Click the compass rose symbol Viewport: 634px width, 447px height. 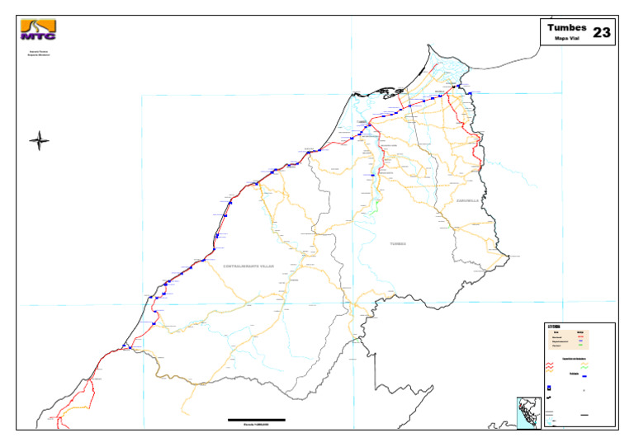[39, 140]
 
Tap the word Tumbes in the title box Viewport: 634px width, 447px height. [566, 28]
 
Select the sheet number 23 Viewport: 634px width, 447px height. [602, 33]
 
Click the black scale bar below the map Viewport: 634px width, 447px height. [257, 420]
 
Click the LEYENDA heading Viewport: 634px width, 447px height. [554, 327]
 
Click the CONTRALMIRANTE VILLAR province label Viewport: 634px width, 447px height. [248, 266]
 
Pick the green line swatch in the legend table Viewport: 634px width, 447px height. [580, 344]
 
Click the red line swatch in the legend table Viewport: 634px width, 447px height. [580, 336]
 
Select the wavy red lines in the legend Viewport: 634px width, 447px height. [550, 365]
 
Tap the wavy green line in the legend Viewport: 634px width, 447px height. [584, 367]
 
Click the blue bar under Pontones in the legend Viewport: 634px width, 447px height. [584, 376]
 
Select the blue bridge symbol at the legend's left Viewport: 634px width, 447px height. [549, 388]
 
